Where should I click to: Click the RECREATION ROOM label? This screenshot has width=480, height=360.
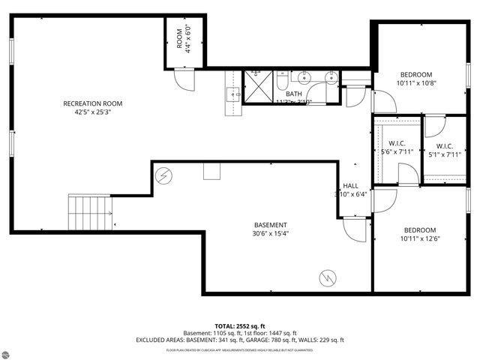[x=93, y=103]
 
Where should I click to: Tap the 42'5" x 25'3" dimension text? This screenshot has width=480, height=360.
[x=93, y=113]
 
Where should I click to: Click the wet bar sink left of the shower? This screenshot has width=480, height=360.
[x=232, y=94]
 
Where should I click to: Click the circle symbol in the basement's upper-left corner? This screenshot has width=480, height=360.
[x=163, y=175]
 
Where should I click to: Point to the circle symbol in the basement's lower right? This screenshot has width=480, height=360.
[x=326, y=277]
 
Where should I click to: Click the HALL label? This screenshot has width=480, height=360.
[x=351, y=186]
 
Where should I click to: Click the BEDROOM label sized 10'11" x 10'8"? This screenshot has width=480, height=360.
[x=415, y=74]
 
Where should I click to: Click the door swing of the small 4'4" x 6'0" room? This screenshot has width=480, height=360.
[x=184, y=76]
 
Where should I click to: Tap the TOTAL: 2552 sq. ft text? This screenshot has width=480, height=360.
[x=240, y=326]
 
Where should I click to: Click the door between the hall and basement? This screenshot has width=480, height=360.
[x=353, y=227]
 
